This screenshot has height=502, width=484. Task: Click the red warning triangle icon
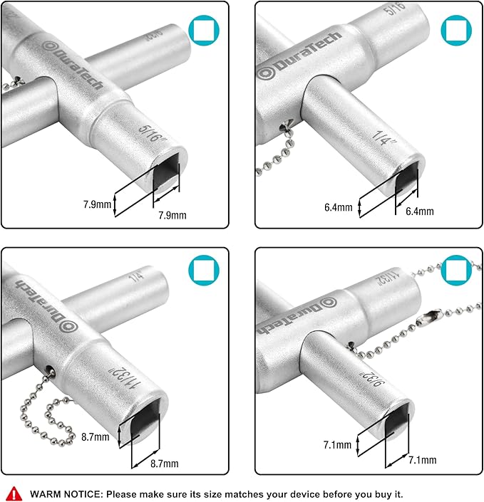click(14, 493)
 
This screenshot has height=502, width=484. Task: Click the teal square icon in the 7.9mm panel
click(202, 31)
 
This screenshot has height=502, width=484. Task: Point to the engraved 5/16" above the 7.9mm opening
click(150, 132)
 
